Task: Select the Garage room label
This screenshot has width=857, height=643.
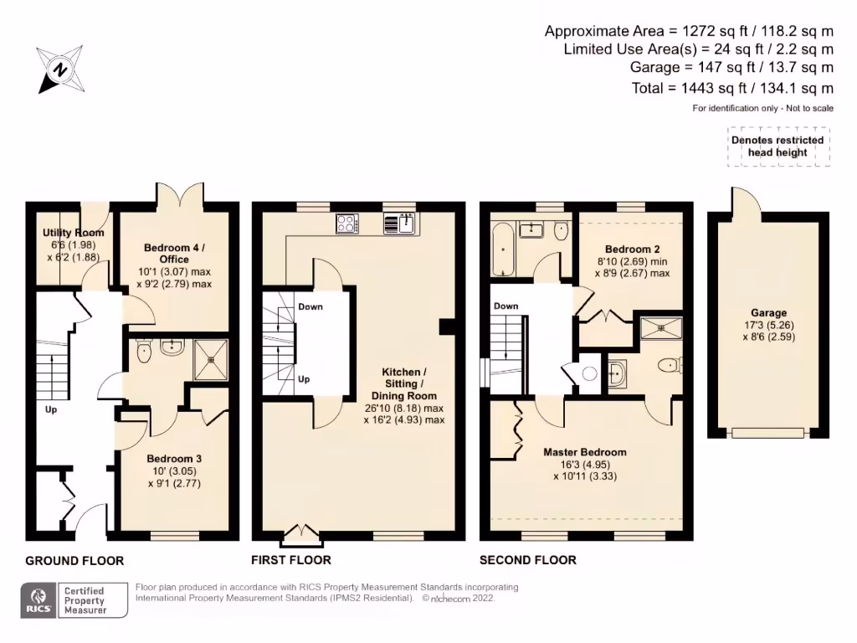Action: pos(768,313)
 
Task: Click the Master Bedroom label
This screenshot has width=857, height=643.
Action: pos(584,452)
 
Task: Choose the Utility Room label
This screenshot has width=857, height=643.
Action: pos(74,233)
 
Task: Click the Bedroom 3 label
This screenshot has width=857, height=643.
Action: pos(173,459)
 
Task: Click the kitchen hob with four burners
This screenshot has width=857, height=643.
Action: pos(347,223)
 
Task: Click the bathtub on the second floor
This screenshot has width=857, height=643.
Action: pos(503,249)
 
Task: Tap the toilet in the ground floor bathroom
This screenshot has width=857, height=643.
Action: pos(143,352)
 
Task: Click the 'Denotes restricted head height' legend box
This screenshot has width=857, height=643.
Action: pos(778,147)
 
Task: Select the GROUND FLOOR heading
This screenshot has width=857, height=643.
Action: pos(74,560)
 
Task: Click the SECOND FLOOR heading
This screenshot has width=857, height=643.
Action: pos(527,560)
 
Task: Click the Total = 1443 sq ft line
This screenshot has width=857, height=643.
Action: pos(732,88)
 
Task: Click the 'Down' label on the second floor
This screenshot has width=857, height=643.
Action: pos(505,306)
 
